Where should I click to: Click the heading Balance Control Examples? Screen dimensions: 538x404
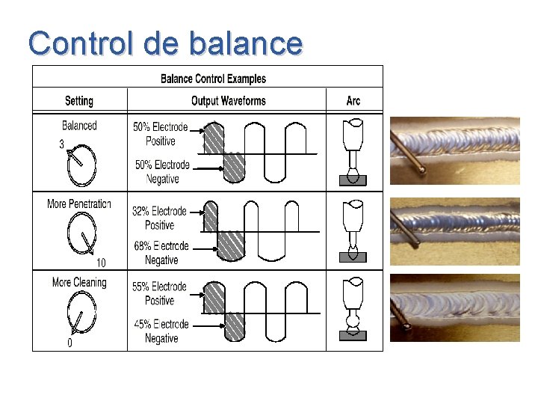point(213,79)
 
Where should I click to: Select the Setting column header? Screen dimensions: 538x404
point(79,101)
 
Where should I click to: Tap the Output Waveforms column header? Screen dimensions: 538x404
point(229,101)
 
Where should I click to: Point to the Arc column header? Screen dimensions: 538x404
point(353,101)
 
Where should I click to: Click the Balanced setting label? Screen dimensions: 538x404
point(79,126)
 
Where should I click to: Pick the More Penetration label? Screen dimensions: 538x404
point(79,204)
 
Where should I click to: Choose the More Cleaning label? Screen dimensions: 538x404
point(79,283)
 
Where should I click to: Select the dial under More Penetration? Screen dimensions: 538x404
point(81,239)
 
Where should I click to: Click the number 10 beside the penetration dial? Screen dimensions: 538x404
point(101,263)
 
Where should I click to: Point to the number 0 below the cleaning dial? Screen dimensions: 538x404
point(70,343)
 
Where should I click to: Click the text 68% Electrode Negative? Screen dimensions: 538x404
point(161,253)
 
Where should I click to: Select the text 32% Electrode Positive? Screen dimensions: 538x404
point(160,218)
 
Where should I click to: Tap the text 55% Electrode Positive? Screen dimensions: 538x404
point(160,294)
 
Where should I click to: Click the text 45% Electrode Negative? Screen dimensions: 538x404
point(161,331)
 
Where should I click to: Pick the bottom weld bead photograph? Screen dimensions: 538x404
point(455,307)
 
